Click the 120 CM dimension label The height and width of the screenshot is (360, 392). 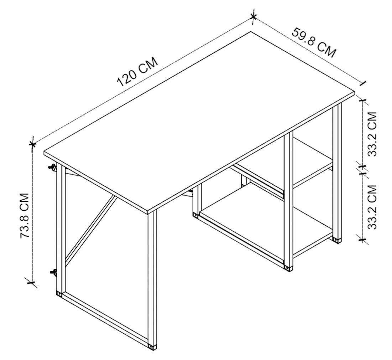pyautogui.click(x=137, y=72)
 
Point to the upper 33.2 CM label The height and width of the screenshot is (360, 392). pyautogui.click(x=372, y=134)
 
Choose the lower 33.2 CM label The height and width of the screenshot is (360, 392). pyautogui.click(x=372, y=207)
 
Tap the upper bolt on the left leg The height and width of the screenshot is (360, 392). pyautogui.click(x=53, y=168)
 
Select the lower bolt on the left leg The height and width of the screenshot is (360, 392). pyautogui.click(x=53, y=272)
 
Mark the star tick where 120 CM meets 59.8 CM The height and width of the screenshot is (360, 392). pyautogui.click(x=253, y=17)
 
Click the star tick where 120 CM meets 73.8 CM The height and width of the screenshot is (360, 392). pyautogui.click(x=32, y=144)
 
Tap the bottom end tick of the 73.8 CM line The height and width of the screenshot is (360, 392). pyautogui.click(x=31, y=283)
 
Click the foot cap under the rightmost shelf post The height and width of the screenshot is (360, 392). pyautogui.click(x=337, y=240)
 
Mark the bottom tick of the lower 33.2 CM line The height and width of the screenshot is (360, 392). pyautogui.click(x=362, y=240)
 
